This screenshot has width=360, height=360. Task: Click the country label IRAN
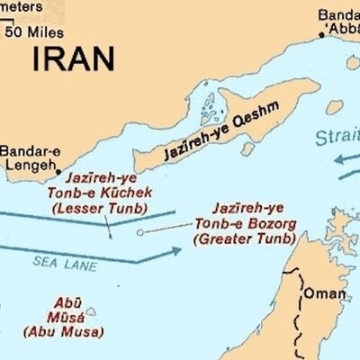[x=74, y=58]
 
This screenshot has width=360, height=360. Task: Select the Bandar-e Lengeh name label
[x=30, y=157]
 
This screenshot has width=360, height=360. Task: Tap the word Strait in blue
[x=337, y=137]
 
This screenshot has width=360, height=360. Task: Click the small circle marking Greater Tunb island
[x=139, y=233]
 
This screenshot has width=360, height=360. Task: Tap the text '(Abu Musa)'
[x=58, y=332]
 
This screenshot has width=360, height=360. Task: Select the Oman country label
[x=325, y=293]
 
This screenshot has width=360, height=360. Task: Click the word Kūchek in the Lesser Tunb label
[x=125, y=193]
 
